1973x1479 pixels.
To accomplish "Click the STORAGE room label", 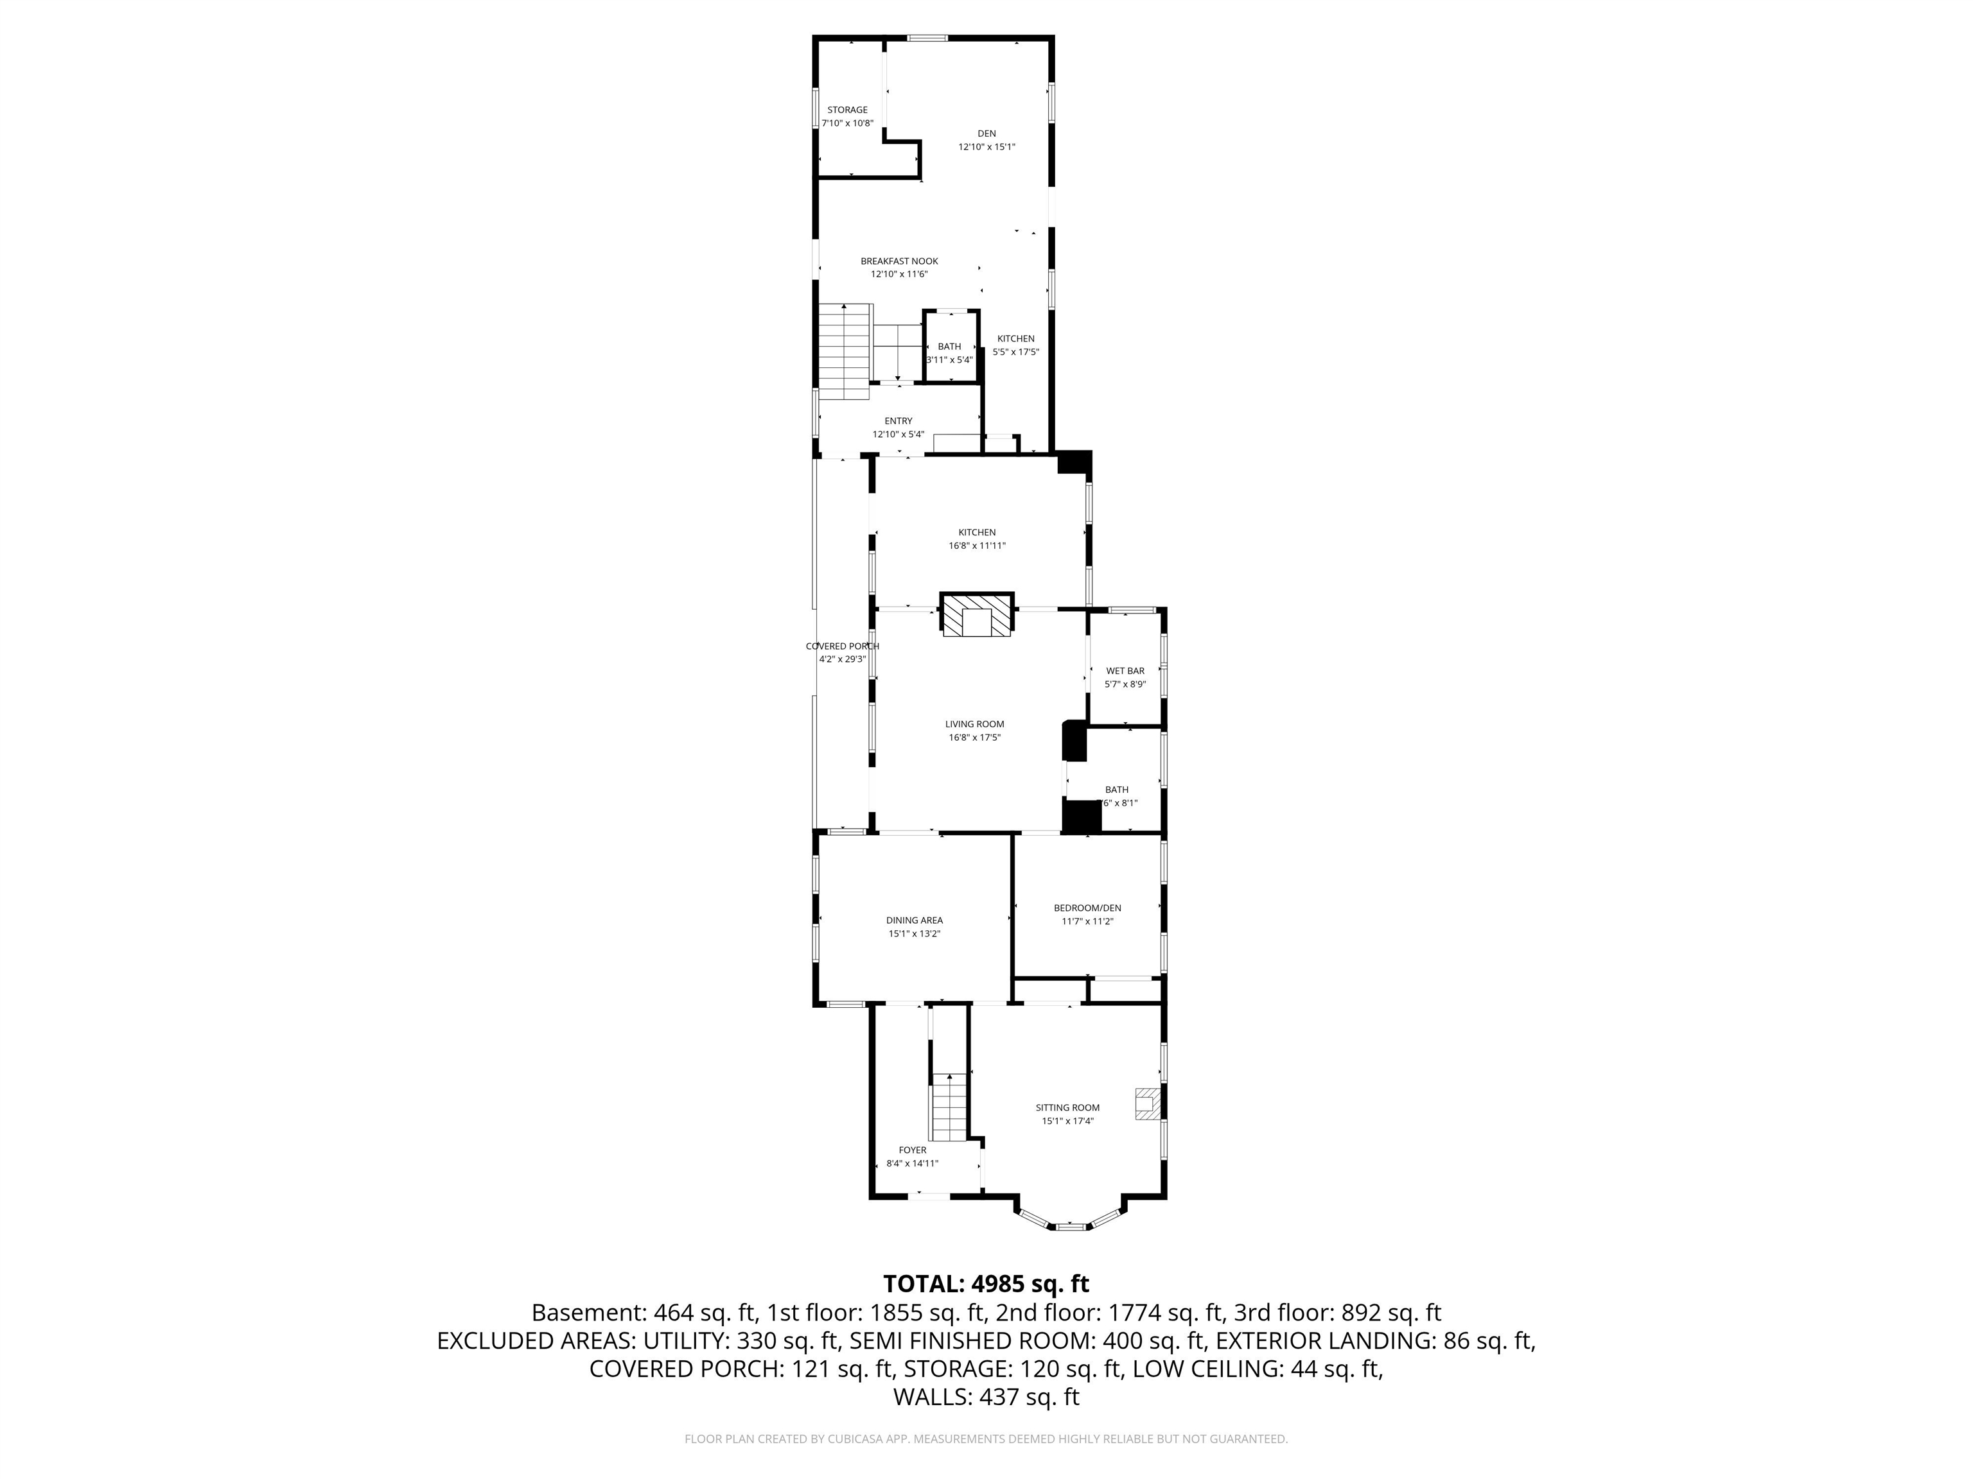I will point(846,110).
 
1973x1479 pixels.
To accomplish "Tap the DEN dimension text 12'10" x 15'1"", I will point(986,147).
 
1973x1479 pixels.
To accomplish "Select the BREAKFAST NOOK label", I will point(899,261).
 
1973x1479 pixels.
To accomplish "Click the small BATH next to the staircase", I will point(949,347).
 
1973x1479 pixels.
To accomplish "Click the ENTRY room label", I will point(899,421).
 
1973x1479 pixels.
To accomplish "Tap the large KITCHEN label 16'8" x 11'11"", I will point(977,532).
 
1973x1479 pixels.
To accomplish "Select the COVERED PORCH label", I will point(842,646).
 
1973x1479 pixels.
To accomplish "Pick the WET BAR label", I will point(1125,670).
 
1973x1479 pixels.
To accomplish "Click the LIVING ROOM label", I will point(975,724).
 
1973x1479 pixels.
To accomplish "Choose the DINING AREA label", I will point(915,920).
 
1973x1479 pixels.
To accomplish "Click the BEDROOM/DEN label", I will point(1087,908).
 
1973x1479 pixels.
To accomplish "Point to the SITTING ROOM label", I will point(1067,1107).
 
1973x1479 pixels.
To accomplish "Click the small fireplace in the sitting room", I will point(1147,1103).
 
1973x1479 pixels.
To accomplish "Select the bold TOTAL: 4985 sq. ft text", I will point(986,1284).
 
